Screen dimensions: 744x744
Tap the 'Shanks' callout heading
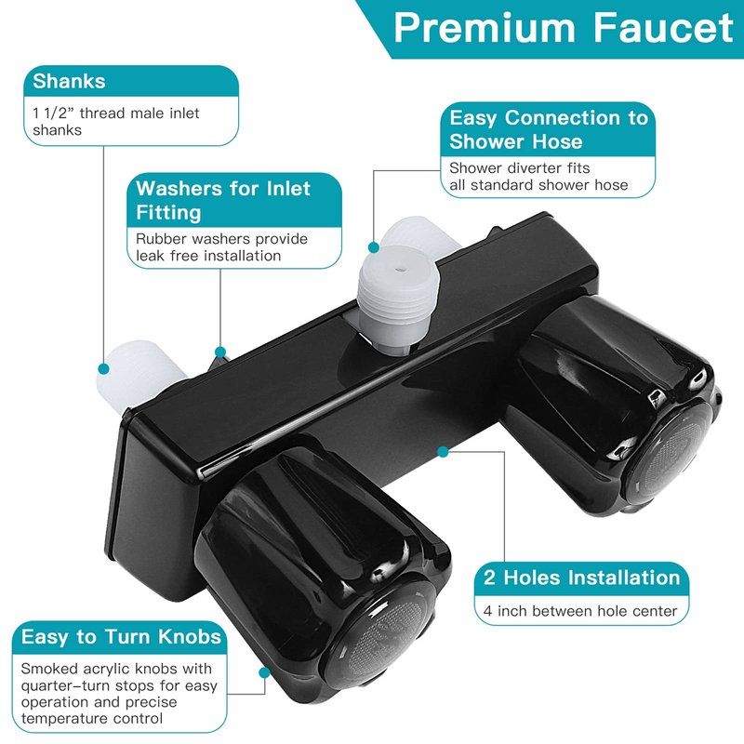tap(69, 81)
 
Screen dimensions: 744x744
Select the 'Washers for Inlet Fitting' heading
tap(223, 200)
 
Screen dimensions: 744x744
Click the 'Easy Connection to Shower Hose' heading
tap(549, 129)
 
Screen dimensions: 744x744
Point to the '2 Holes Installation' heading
tap(582, 578)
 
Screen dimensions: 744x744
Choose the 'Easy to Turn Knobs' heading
tap(122, 637)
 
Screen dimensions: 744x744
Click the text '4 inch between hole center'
tap(579, 611)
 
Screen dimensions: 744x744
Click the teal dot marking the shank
tap(103, 368)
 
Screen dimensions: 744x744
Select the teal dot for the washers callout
tap(220, 352)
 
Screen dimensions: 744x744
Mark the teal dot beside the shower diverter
tap(374, 247)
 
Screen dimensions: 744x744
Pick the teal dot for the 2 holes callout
tap(443, 452)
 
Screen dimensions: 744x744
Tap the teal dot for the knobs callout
tap(264, 672)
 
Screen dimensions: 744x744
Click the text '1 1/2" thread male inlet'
tap(115, 113)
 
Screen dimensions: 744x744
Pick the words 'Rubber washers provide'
tap(221, 239)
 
